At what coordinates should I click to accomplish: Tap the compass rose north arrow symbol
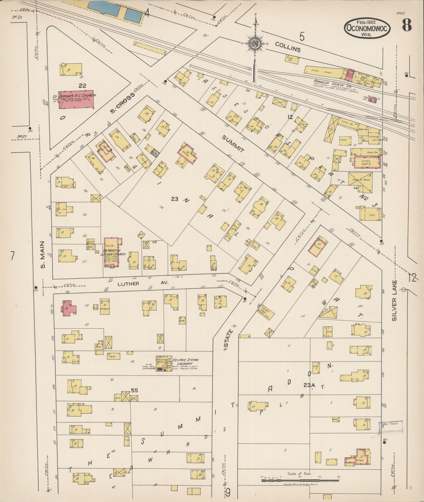[x=256, y=44]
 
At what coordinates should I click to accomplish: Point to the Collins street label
[x=288, y=47]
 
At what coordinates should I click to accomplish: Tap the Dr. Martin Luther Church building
[x=112, y=252]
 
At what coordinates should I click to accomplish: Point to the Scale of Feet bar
[x=300, y=480]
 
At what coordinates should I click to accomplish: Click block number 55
[x=134, y=390]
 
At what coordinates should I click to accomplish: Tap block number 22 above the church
[x=82, y=86]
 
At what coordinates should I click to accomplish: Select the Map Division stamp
[x=391, y=427]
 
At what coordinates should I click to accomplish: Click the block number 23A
[x=309, y=385]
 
